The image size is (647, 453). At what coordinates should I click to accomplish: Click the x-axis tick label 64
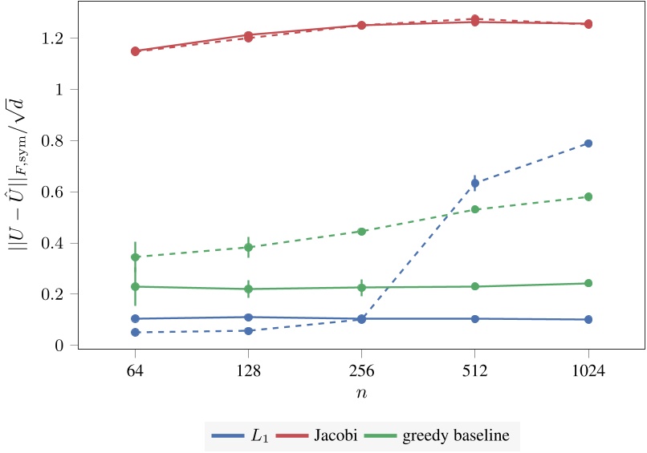click(x=135, y=372)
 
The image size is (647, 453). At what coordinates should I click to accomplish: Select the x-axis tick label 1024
click(x=588, y=372)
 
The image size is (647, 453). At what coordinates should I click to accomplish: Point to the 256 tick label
click(x=361, y=372)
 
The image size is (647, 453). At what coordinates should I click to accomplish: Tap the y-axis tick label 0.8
click(x=54, y=140)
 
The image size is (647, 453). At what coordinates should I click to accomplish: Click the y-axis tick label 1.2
click(x=54, y=38)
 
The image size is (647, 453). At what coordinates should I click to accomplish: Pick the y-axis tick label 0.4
click(x=54, y=243)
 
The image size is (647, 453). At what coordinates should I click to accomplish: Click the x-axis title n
click(x=361, y=394)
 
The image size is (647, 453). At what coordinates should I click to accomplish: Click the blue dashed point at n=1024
click(x=588, y=144)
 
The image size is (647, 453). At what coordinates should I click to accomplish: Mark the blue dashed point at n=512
click(x=475, y=184)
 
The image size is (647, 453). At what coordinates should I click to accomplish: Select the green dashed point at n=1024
click(x=588, y=196)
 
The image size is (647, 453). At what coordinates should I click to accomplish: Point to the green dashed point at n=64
click(x=135, y=257)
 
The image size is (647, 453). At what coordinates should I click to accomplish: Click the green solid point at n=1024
click(x=588, y=283)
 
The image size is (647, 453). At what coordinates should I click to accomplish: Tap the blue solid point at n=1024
click(x=588, y=319)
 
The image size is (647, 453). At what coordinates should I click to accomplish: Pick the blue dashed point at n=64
click(x=135, y=332)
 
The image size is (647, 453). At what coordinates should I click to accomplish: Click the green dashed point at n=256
click(x=361, y=232)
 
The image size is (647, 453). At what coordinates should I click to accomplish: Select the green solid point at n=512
click(x=475, y=286)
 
